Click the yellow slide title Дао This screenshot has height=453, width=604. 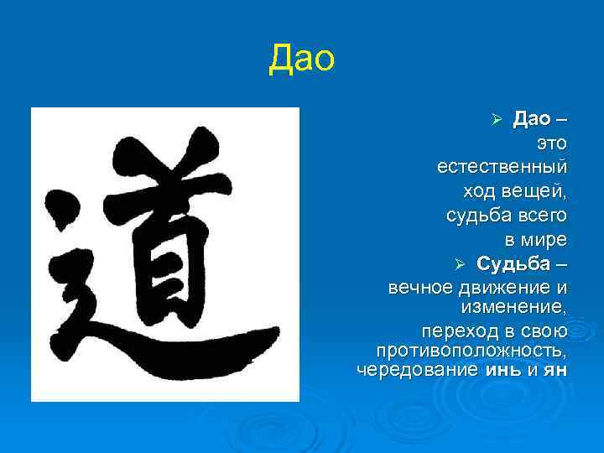point(301,60)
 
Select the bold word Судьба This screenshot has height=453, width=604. point(513,264)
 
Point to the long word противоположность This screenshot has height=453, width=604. point(471,349)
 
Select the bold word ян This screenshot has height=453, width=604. point(555,369)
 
